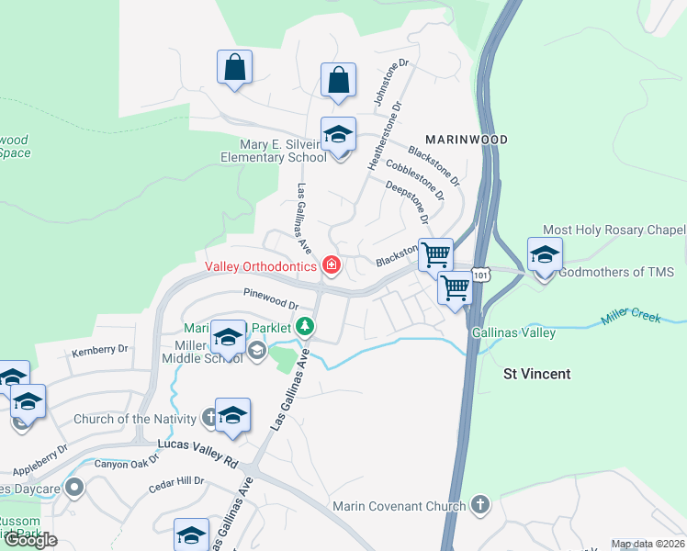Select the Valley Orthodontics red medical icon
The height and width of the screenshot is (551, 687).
(x=331, y=267)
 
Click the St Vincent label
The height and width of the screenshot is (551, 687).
(x=537, y=374)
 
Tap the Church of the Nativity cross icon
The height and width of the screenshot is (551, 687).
(x=209, y=419)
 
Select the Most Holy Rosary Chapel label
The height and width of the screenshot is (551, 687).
(x=614, y=230)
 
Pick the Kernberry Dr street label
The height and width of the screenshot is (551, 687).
(x=99, y=351)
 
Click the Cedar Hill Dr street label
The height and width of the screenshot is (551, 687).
(x=175, y=480)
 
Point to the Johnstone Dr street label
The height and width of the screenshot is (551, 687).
(x=385, y=83)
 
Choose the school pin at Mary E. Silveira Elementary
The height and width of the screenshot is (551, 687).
(x=338, y=135)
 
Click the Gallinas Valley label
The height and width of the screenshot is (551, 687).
(x=513, y=332)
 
